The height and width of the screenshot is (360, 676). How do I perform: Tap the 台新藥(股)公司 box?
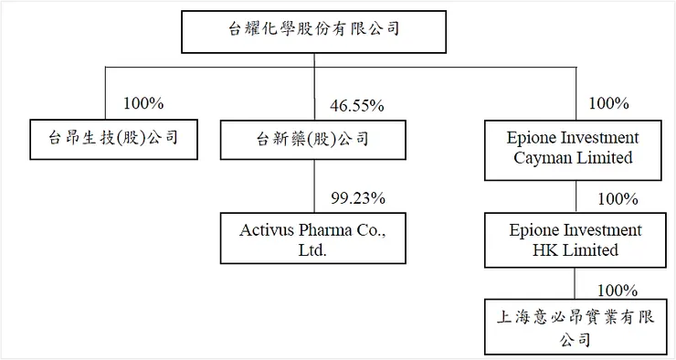(312, 139)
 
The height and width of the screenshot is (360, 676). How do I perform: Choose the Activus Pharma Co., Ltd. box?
(312, 238)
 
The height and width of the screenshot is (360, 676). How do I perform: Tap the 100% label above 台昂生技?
(132, 103)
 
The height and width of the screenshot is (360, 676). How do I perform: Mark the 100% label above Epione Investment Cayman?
(609, 103)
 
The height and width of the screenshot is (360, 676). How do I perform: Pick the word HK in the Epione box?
(541, 249)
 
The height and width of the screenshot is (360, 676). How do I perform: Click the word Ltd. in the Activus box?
(312, 249)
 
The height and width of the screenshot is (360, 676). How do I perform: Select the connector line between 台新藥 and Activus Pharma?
(313, 187)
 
